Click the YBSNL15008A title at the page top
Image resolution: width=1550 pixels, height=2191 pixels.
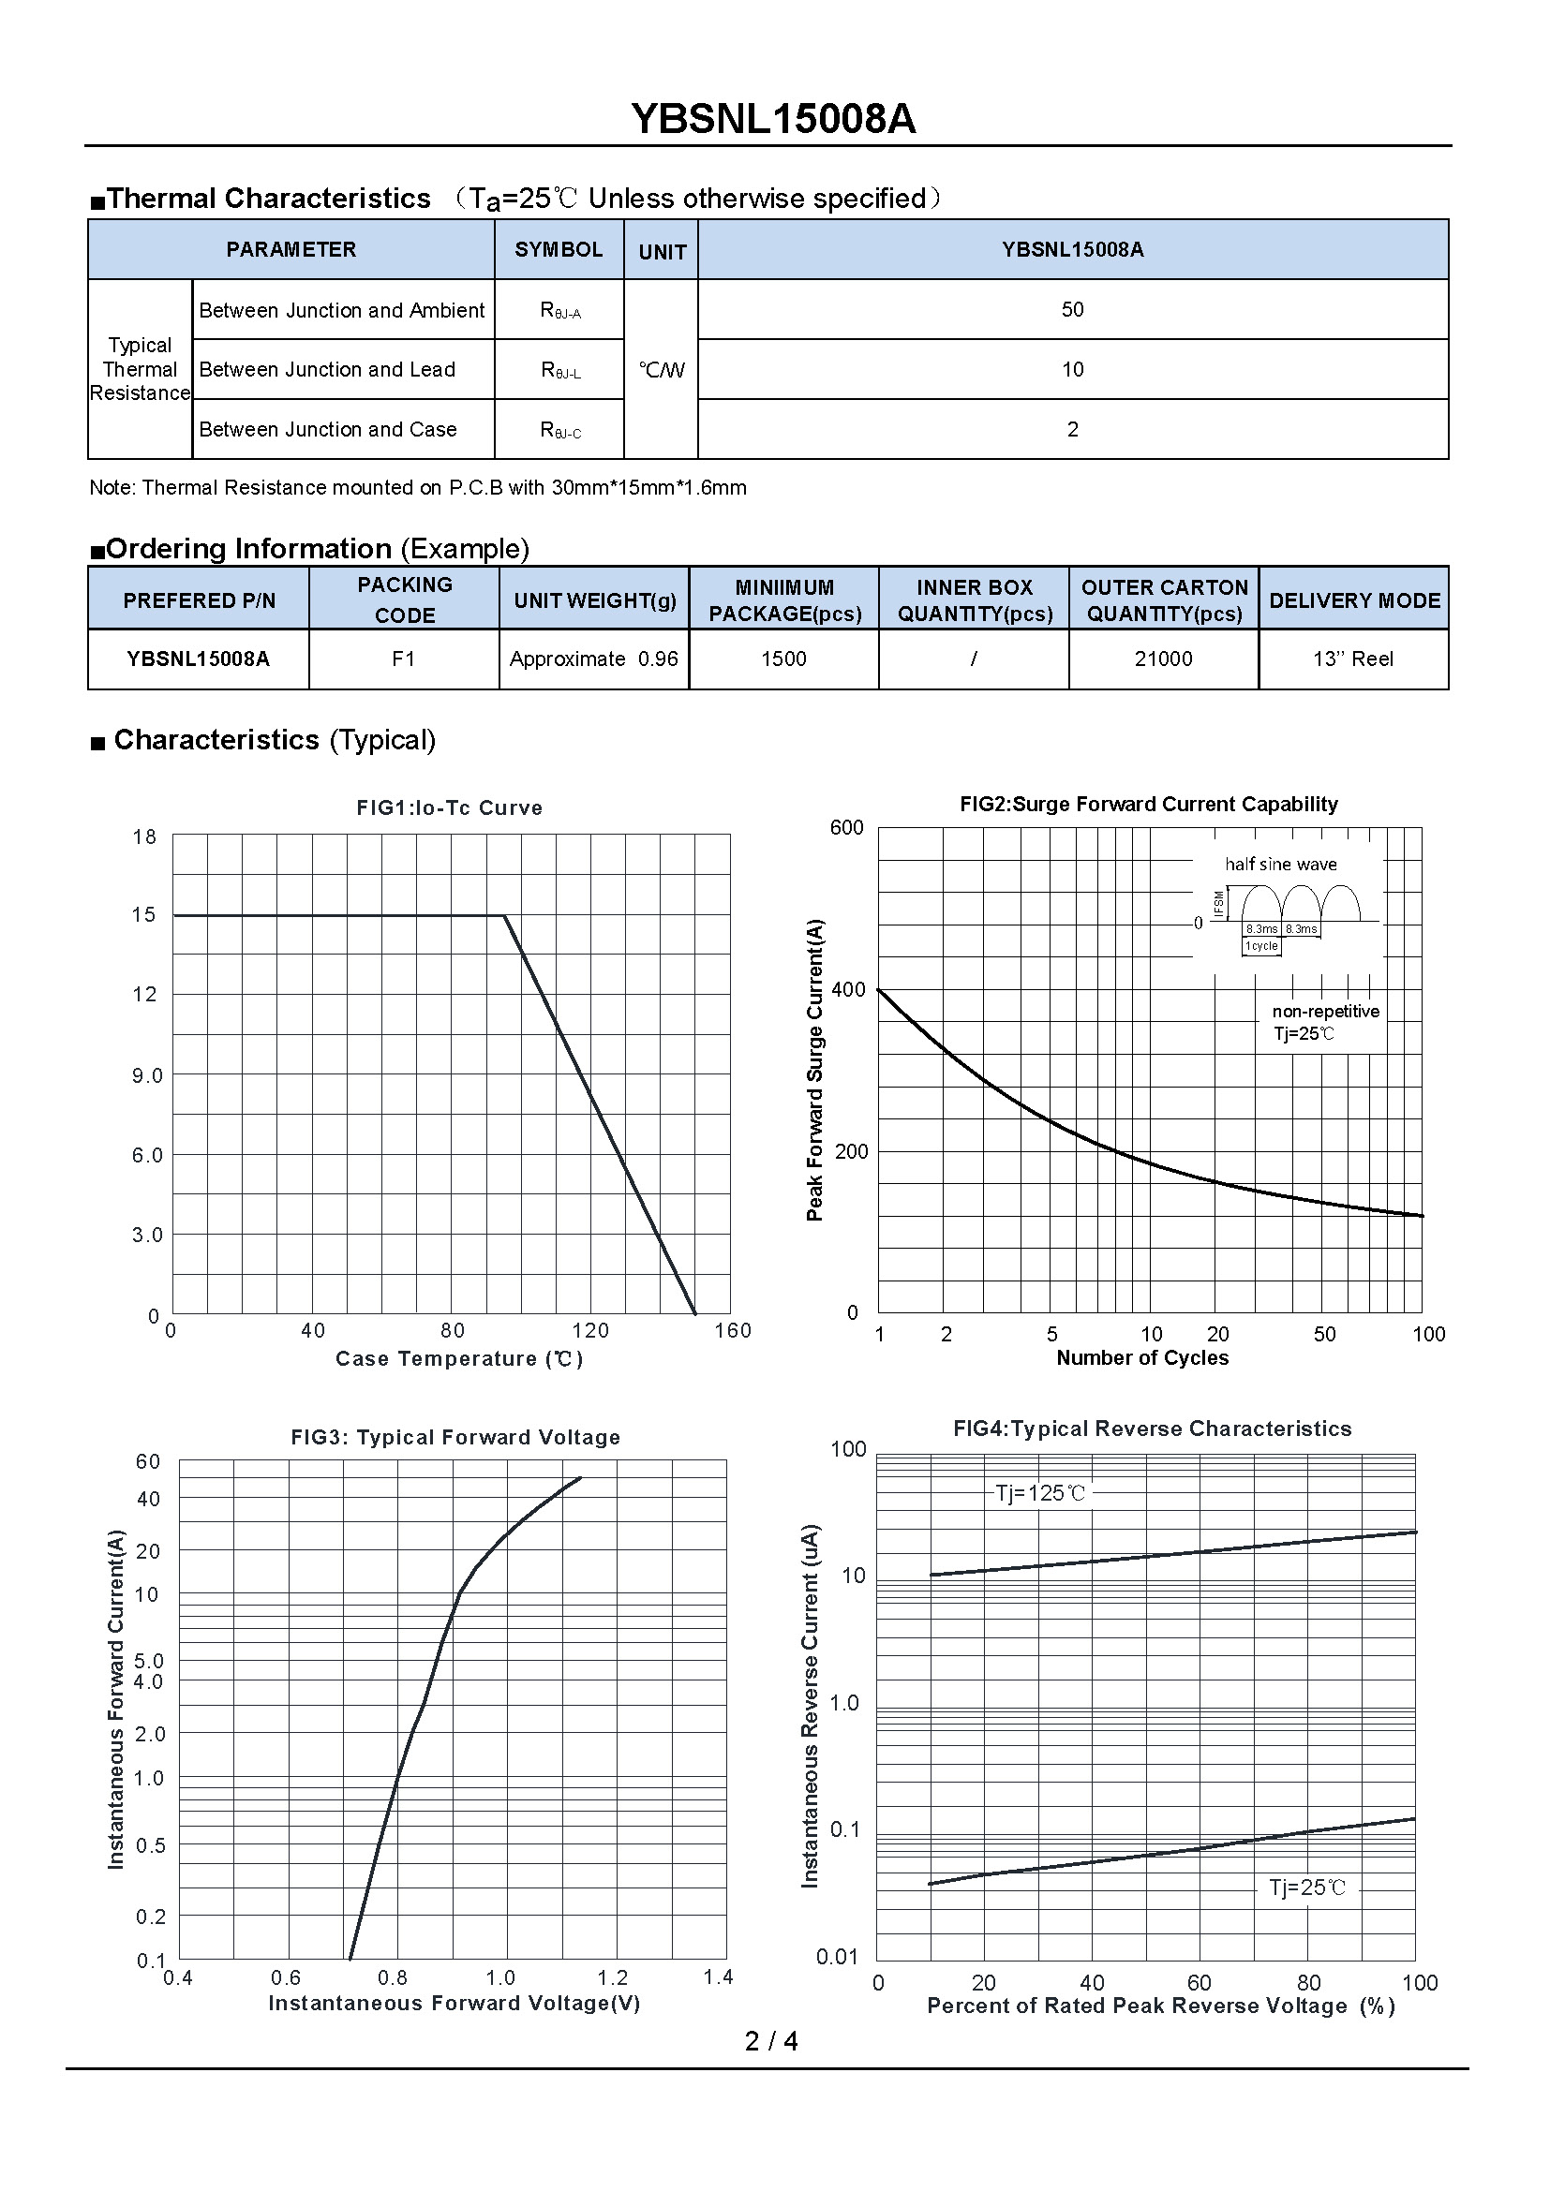tap(773, 119)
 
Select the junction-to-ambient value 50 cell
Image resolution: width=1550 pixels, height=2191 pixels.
tap(1072, 309)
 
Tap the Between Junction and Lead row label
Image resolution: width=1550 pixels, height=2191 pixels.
tap(327, 369)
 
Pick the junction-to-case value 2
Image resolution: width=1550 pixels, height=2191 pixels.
tap(1072, 429)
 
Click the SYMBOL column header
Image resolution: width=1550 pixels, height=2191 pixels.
tap(559, 249)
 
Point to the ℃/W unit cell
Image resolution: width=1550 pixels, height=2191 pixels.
tap(662, 370)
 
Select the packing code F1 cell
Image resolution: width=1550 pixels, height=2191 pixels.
tap(404, 659)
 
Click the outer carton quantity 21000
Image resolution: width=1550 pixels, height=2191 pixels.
tap(1164, 659)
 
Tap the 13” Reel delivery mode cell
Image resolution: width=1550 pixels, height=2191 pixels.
tap(1352, 659)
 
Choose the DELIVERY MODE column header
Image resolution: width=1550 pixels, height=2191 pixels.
tap(1354, 600)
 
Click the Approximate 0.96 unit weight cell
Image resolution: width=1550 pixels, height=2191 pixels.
tap(593, 659)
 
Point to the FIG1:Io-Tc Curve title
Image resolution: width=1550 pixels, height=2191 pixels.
tap(450, 807)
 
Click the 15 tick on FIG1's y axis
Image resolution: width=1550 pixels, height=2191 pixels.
tap(144, 915)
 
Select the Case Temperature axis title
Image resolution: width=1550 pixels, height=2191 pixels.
tap(459, 1359)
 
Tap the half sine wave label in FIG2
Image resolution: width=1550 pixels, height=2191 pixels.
tap(1281, 864)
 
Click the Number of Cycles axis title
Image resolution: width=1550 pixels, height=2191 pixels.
tap(1142, 1358)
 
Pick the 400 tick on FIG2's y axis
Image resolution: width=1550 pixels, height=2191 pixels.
tap(848, 989)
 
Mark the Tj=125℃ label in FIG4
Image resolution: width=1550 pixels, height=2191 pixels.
tap(1040, 1493)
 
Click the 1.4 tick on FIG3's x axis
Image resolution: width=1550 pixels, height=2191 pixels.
tap(718, 1977)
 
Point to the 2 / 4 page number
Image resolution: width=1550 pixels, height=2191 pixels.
tap(771, 2040)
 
